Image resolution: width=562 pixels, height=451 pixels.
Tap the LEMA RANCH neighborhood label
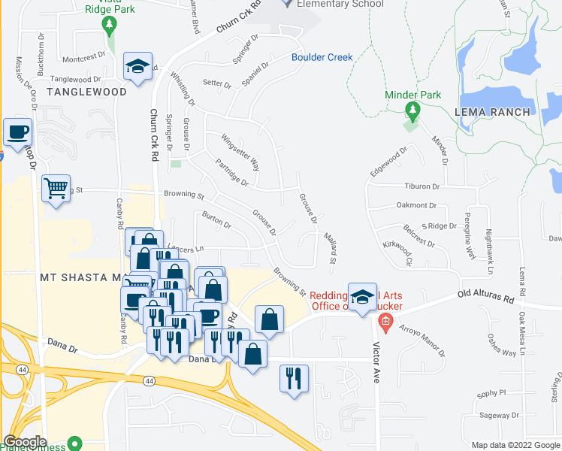coord(492,112)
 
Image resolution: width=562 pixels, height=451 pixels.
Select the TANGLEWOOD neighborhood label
coord(86,92)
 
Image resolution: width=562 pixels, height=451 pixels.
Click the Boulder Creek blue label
coord(322,58)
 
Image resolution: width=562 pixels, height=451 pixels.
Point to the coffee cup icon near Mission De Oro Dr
coord(17,132)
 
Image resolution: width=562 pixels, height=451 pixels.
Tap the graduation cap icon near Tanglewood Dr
coord(137,66)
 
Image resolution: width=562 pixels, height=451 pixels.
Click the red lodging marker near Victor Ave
coord(385,324)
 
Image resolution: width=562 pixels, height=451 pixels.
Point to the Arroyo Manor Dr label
coord(423,339)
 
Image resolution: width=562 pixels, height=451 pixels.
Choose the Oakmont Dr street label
coord(417,205)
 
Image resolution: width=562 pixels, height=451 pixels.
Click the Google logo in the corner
coord(25,442)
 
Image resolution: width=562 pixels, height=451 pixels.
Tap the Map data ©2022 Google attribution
coord(515,445)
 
